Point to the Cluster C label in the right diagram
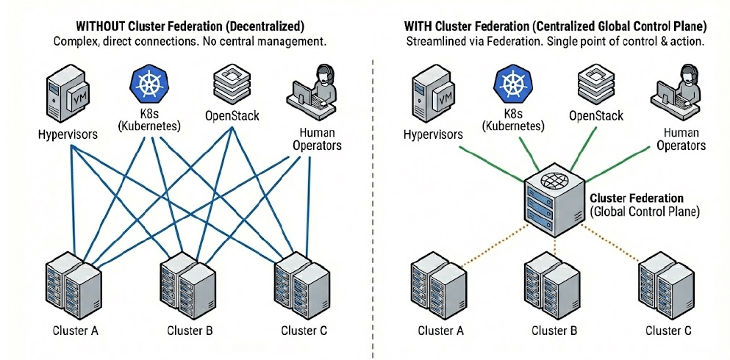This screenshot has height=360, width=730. [x=668, y=330]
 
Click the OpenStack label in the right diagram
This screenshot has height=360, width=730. [x=595, y=116]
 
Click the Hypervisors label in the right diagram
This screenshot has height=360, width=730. [x=433, y=134]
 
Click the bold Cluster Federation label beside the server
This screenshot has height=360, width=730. [x=637, y=198]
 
